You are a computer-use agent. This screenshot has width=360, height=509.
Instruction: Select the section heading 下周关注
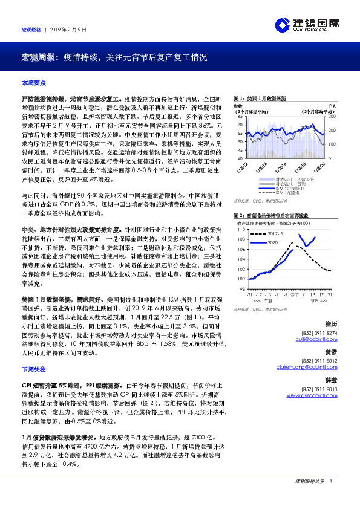[x=33, y=368]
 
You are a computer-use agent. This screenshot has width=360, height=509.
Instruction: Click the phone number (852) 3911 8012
[x=319, y=360]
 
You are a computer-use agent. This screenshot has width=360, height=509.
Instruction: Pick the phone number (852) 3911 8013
[x=319, y=387]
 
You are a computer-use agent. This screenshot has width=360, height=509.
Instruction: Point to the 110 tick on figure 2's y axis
[x=241, y=230]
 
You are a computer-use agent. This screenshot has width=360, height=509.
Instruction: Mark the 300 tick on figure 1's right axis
[x=331, y=115]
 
